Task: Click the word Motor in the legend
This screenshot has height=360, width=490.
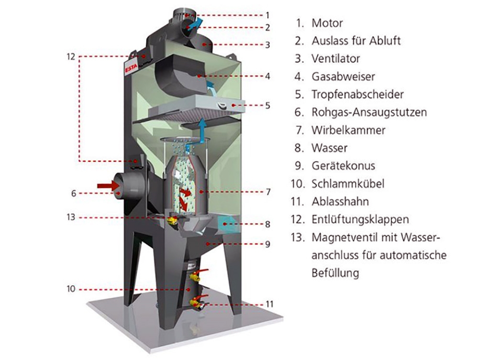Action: pos(327,23)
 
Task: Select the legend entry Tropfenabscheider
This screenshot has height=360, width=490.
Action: pos(357,95)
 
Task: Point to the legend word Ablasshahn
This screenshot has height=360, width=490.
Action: pos(340,202)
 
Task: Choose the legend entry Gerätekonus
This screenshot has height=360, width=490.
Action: pos(343,166)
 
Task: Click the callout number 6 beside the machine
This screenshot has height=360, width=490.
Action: pos(74,193)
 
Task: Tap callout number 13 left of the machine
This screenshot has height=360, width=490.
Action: pos(71,218)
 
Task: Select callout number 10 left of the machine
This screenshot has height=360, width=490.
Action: pos(71,289)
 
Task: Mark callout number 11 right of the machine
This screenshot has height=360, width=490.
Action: pos(270,304)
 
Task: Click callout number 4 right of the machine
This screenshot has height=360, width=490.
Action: pos(268,76)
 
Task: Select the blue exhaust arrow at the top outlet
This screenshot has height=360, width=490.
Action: pos(195,23)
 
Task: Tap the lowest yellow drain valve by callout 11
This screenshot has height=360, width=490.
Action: pos(195,302)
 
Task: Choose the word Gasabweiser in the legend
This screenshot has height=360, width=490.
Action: pos(343,76)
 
